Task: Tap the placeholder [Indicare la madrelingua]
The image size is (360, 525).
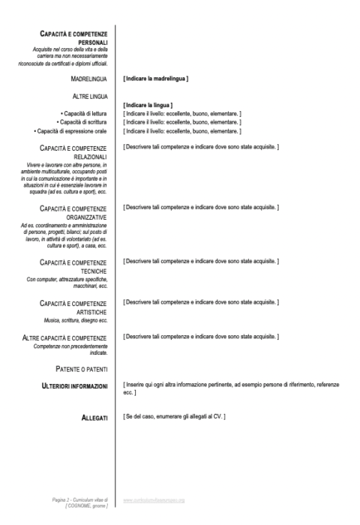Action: click(156, 78)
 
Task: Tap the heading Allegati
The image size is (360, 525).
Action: click(94, 416)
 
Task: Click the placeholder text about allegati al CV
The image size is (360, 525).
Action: click(175, 416)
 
